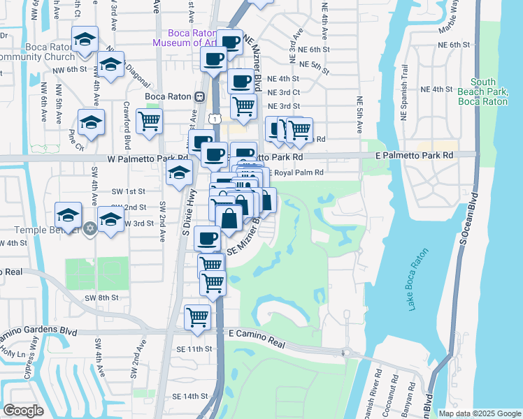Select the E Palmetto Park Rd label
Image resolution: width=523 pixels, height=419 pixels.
tap(414, 154)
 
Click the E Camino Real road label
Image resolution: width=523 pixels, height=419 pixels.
tap(257, 336)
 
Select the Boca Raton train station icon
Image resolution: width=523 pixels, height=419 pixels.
tap(199, 97)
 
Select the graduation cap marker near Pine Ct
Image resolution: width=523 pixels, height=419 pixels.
tap(91, 122)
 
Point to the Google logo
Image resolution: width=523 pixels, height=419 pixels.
tap(23, 411)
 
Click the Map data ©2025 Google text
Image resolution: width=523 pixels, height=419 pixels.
tap(479, 413)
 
